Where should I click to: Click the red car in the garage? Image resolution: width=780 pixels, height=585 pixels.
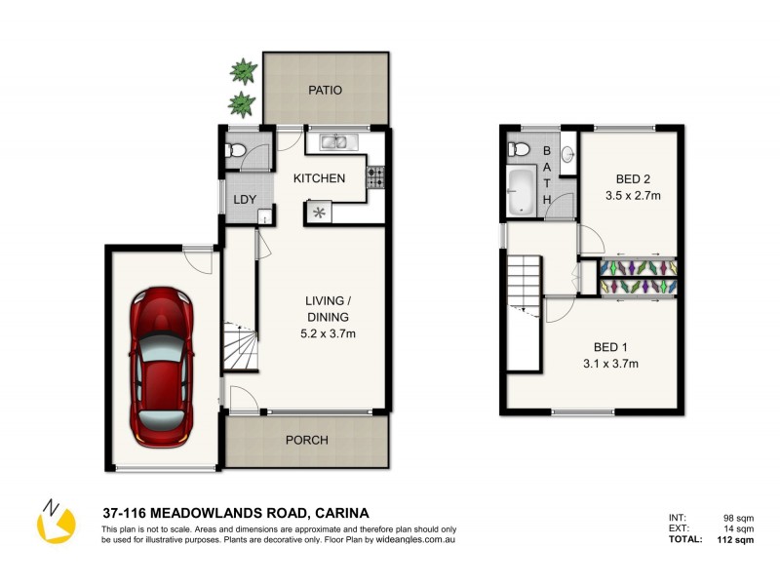pyautogui.click(x=162, y=363)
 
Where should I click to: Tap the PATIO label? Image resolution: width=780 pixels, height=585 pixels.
pyautogui.click(x=326, y=90)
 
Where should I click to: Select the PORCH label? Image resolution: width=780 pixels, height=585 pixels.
pyautogui.click(x=306, y=440)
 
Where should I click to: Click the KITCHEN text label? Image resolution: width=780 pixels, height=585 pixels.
pyautogui.click(x=320, y=178)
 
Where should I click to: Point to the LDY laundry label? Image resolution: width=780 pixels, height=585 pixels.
pyautogui.click(x=244, y=200)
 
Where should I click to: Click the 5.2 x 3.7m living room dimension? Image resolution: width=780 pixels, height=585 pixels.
pyautogui.click(x=327, y=334)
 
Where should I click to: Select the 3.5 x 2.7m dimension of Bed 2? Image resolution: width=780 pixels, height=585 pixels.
pyautogui.click(x=633, y=195)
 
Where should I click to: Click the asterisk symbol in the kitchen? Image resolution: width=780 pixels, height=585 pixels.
pyautogui.click(x=318, y=213)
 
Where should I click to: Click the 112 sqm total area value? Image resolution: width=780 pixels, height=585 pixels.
pyautogui.click(x=734, y=539)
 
